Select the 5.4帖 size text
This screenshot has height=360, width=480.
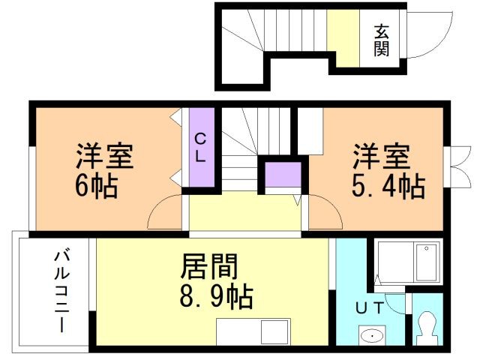tap(389, 185)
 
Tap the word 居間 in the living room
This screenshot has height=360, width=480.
tap(210, 265)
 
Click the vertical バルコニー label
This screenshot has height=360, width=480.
tap(59, 293)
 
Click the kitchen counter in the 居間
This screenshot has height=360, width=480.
tap(253, 331)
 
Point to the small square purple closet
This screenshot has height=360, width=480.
tap(282, 175)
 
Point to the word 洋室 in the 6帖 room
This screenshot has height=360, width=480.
tap(103, 157)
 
